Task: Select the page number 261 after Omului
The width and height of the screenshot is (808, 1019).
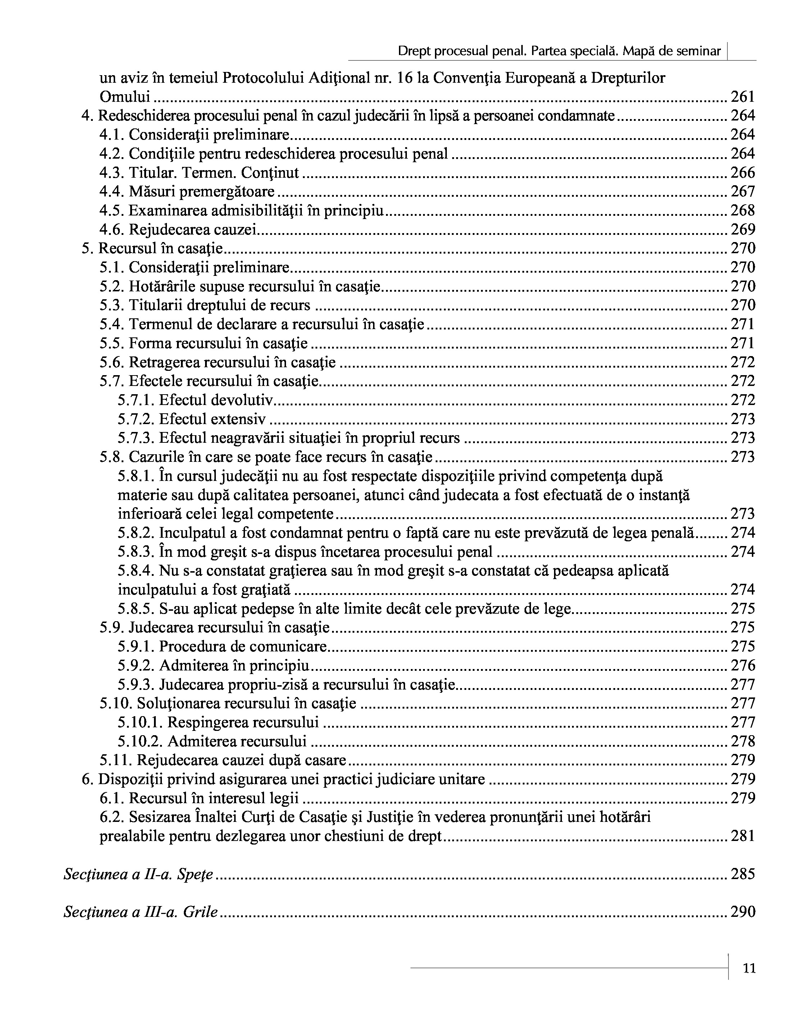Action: (743, 97)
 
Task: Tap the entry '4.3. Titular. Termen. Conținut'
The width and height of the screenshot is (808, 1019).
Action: (199, 173)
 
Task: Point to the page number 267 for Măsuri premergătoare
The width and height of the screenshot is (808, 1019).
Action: (743, 191)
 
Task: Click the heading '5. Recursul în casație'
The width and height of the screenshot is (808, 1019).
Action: (152, 249)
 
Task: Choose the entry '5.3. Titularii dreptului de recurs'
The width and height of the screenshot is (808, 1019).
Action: (205, 305)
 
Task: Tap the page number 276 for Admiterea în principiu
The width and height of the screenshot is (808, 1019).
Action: (743, 665)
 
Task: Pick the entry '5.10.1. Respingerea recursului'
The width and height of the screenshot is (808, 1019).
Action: (218, 723)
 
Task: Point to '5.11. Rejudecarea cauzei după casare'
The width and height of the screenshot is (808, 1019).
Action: (223, 760)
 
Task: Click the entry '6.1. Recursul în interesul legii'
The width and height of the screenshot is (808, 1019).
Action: (199, 798)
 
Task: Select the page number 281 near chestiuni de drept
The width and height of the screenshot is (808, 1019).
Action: (743, 836)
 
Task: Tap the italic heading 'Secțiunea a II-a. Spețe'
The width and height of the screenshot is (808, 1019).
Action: (139, 874)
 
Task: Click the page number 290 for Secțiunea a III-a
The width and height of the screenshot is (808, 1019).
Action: (743, 912)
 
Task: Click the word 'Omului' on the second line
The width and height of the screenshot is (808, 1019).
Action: (125, 97)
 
